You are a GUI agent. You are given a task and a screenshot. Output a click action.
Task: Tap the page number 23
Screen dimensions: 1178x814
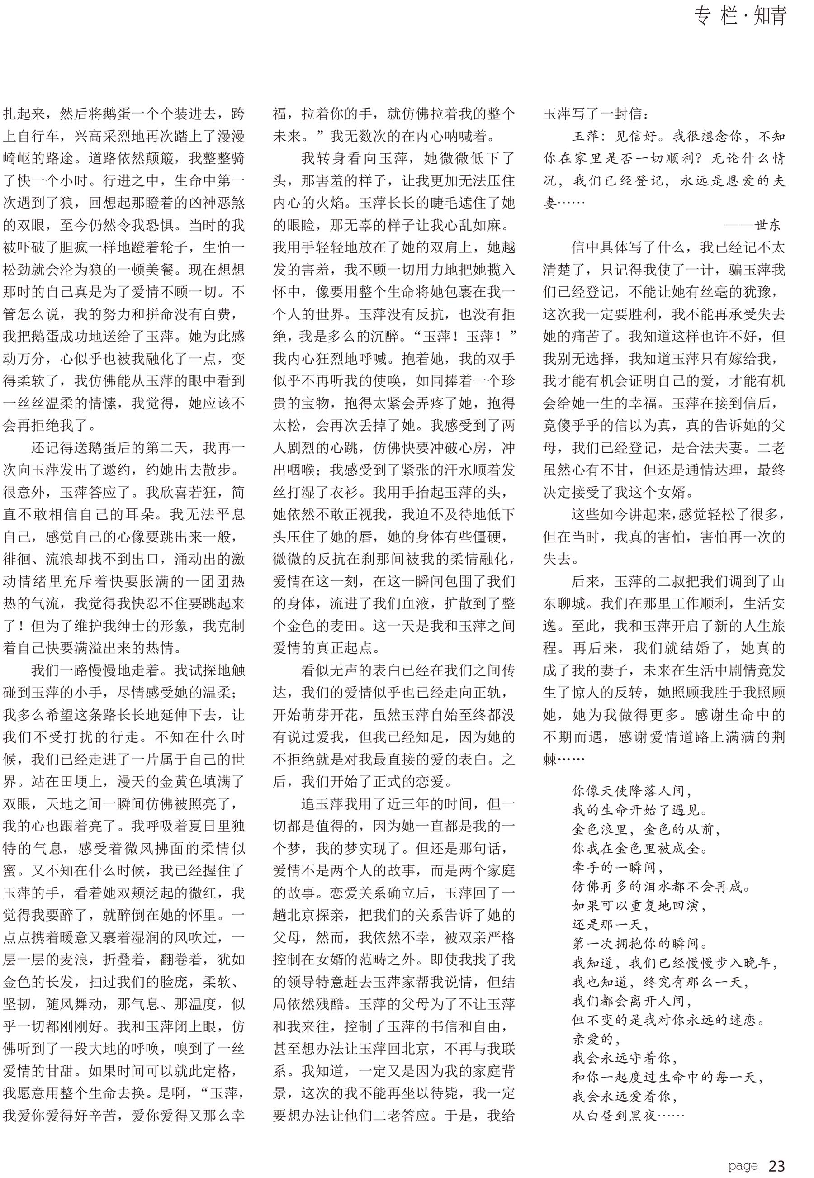click(776, 1151)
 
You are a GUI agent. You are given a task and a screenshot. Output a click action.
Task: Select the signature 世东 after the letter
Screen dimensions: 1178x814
click(767, 225)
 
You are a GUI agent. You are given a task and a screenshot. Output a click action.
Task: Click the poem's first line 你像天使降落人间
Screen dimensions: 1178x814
click(632, 791)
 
